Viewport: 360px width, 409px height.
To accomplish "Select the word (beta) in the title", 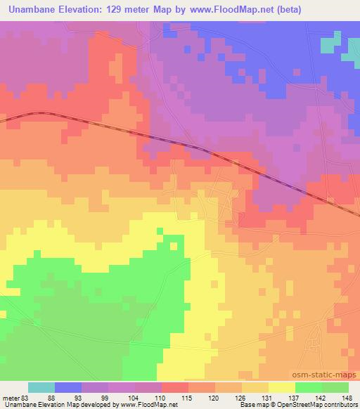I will tap(337, 9).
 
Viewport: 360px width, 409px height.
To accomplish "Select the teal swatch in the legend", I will tap(41, 387).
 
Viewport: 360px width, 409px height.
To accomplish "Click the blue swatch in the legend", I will tap(68, 387).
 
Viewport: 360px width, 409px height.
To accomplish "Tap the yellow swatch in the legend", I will tap(281, 387).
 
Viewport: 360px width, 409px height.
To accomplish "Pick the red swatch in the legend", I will tap(175, 387).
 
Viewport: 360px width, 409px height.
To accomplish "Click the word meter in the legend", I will tap(9, 397).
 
